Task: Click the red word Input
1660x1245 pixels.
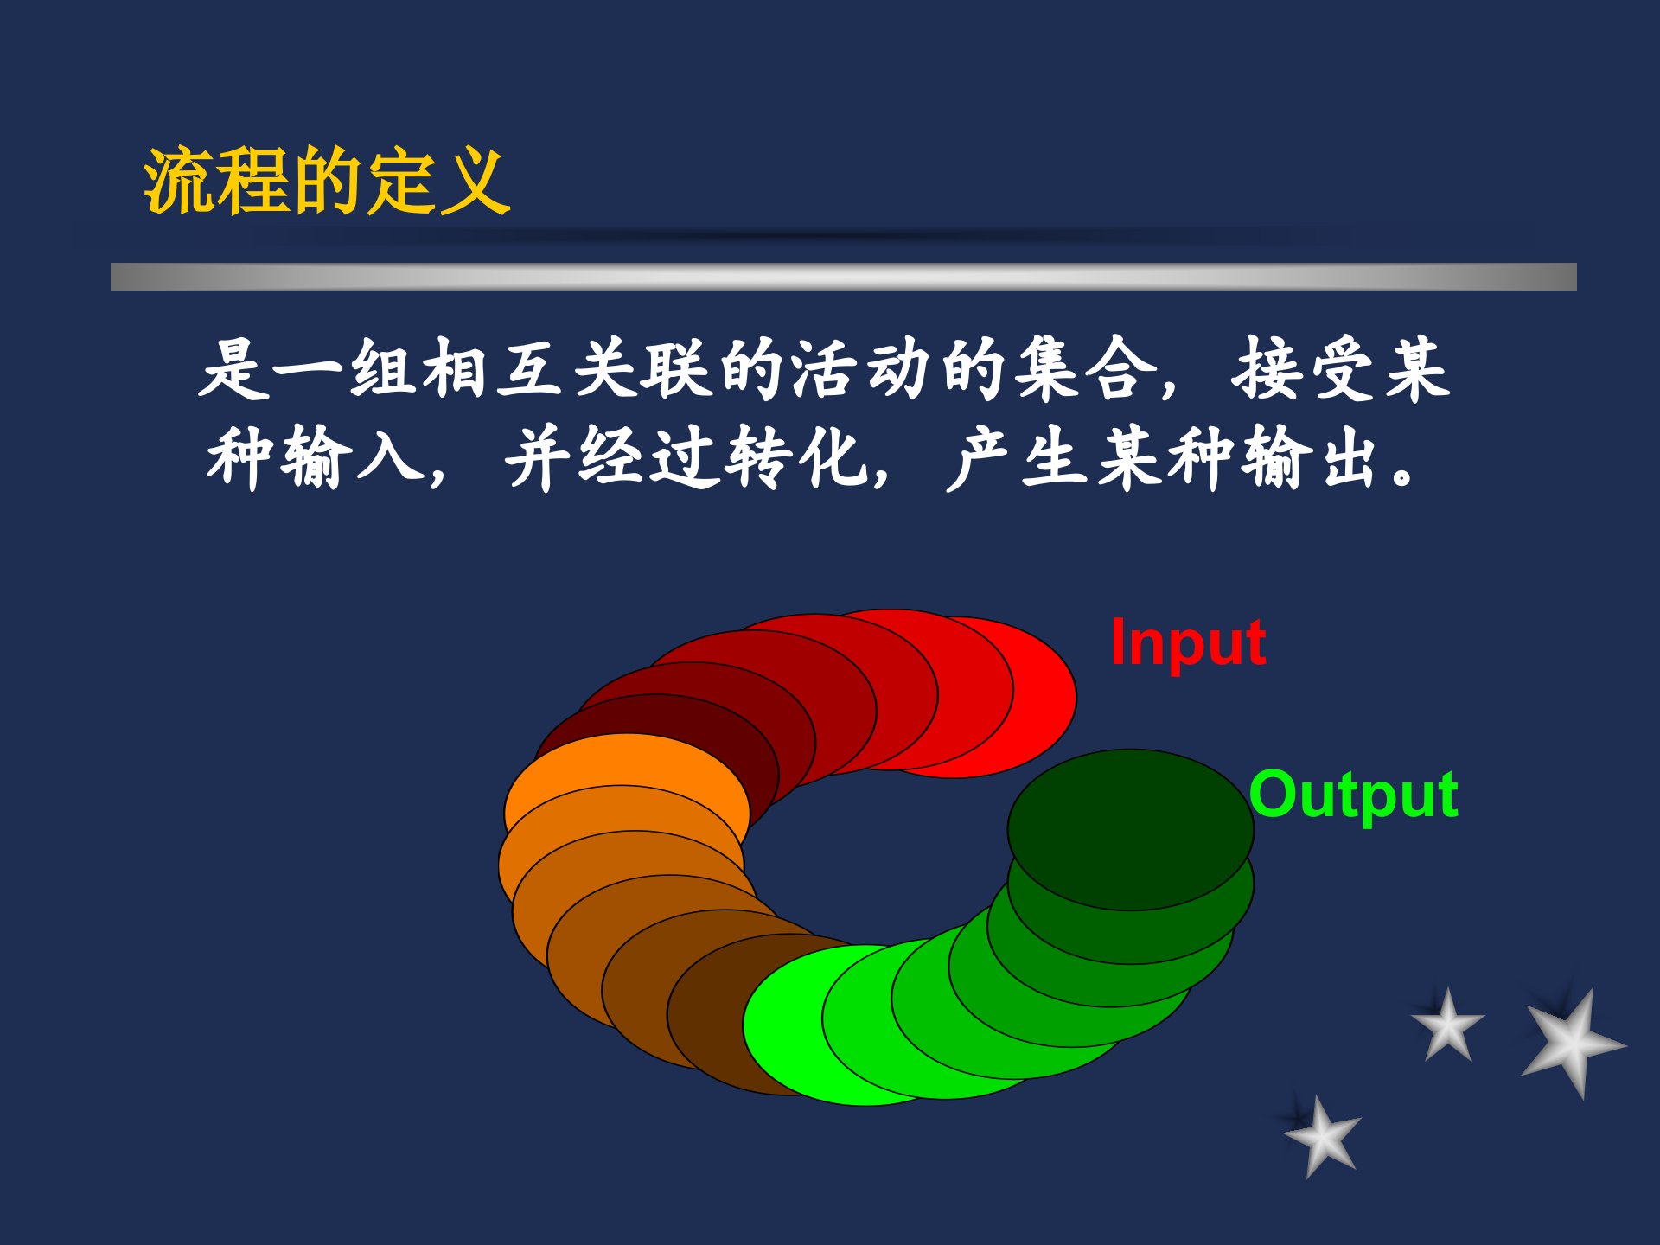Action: (x=1188, y=643)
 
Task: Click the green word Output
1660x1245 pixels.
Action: (x=1354, y=795)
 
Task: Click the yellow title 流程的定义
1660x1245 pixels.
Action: (x=327, y=182)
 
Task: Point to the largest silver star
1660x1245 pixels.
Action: (x=1572, y=1041)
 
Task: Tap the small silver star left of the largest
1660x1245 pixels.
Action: (x=1448, y=1026)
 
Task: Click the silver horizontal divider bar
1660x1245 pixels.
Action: (x=843, y=277)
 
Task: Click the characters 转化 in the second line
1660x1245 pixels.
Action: (x=795, y=458)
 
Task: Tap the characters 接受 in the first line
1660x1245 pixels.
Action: (x=1306, y=369)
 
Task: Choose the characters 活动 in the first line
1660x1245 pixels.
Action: (x=861, y=369)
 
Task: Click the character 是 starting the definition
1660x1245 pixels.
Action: (x=234, y=369)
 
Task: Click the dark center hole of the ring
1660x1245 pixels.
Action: (x=873, y=856)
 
